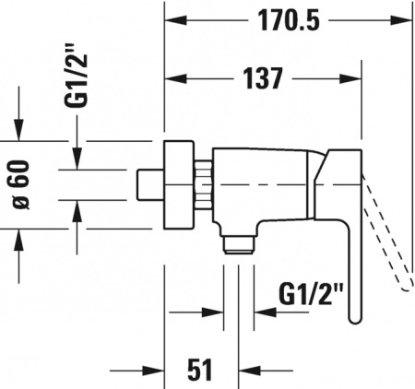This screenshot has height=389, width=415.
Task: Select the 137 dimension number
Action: point(262,78)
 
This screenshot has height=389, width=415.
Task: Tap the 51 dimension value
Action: point(199,370)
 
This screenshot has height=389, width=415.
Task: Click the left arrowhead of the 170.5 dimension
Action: point(173,20)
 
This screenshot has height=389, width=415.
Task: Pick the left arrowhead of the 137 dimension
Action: point(173,79)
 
